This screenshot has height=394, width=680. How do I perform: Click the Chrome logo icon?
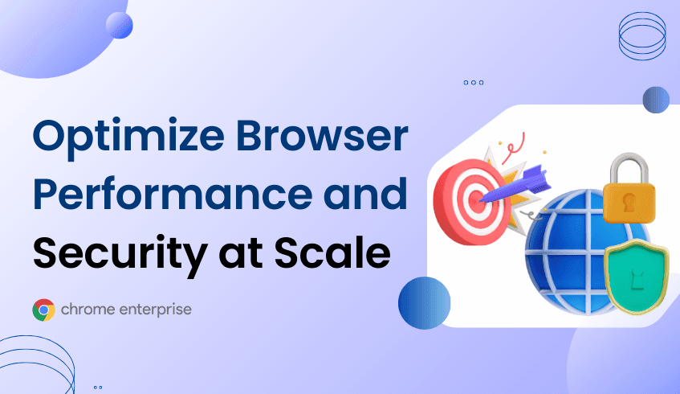pyautogui.click(x=43, y=310)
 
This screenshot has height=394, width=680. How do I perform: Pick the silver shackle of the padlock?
pyautogui.click(x=633, y=165)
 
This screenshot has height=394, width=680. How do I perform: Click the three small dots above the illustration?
pyautogui.click(x=474, y=82)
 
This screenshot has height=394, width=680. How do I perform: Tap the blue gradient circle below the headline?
pyautogui.click(x=423, y=302)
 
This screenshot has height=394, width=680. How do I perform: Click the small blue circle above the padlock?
pyautogui.click(x=656, y=100)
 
